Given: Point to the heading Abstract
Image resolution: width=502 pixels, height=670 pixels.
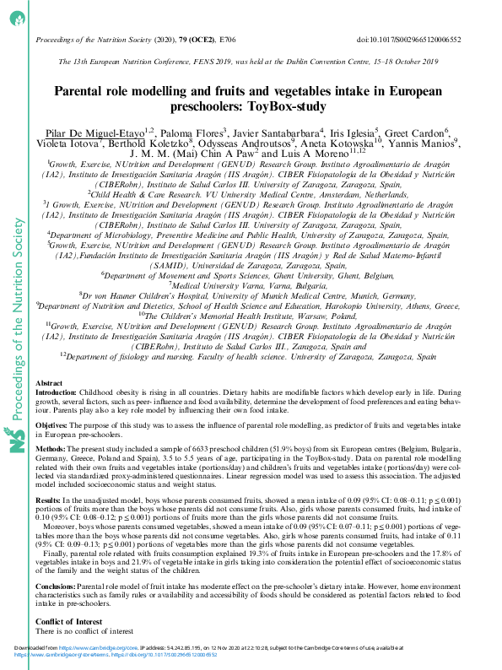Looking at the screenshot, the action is (x=50, y=383).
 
